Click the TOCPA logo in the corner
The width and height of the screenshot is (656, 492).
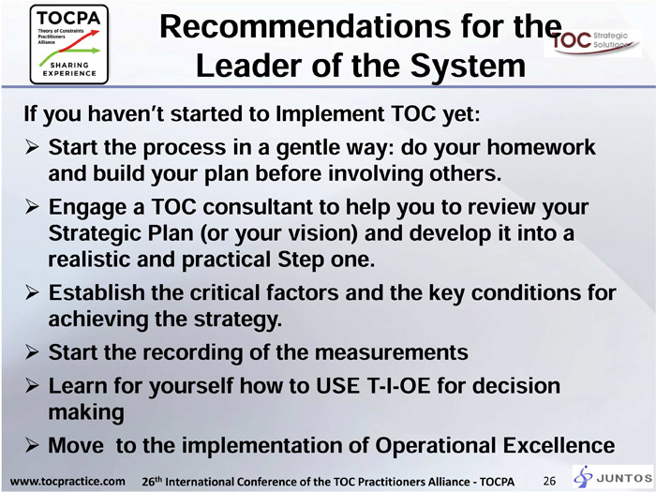[69, 44]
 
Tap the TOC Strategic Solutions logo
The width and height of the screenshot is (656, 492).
[592, 43]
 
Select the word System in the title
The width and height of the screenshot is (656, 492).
[468, 67]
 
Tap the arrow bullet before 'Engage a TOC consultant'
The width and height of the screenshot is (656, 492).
[32, 207]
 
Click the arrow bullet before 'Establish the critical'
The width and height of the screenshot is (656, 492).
[32, 292]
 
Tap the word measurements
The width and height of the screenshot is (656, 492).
[391, 352]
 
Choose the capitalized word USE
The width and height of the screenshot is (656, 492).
[337, 386]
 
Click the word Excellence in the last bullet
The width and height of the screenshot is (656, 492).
[559, 445]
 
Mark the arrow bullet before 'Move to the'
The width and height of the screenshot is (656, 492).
[32, 445]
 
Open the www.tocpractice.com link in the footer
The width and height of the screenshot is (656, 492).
[67, 482]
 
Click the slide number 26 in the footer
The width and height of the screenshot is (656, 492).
[549, 481]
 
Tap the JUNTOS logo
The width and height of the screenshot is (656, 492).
[613, 477]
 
